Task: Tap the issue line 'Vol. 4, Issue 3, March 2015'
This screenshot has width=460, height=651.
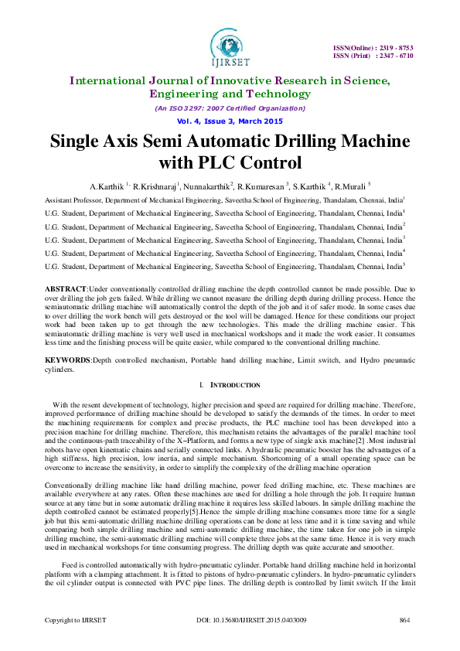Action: [x=230, y=121]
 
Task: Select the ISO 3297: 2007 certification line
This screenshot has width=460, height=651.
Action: [x=230, y=108]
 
